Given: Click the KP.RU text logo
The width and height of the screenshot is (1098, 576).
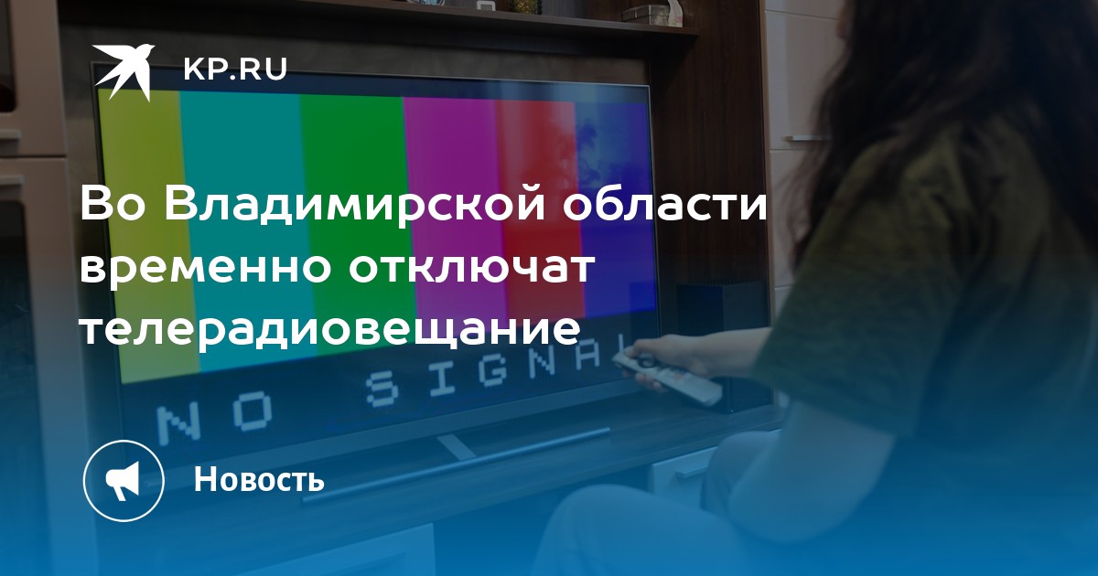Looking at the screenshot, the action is point(235,69).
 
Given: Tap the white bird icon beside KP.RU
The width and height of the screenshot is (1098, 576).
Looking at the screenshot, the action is point(124,72).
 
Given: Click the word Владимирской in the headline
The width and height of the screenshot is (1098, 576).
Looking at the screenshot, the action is point(355,206).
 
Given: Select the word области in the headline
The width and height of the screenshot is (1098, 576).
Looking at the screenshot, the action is point(664,205).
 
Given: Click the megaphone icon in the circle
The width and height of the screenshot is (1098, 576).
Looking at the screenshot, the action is point(123,481).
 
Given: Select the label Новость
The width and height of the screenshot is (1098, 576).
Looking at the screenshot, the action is point(259,479).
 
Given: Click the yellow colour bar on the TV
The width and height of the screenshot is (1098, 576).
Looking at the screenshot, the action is point(147,235).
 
